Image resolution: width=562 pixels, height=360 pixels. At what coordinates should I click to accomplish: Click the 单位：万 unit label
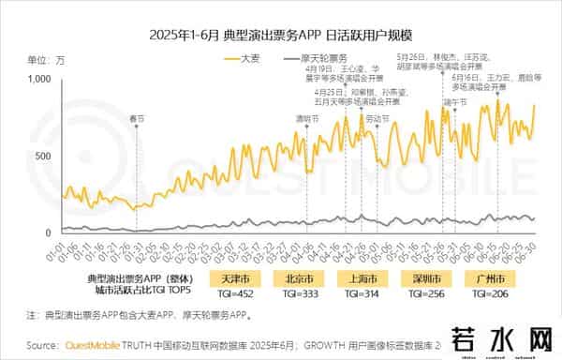46,59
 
